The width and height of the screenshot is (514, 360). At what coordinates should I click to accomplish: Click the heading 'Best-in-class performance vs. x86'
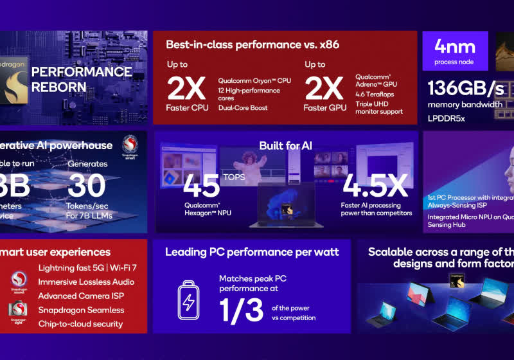pyautogui.click(x=253, y=44)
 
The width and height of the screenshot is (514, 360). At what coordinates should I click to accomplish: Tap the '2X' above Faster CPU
pyautogui.click(x=187, y=88)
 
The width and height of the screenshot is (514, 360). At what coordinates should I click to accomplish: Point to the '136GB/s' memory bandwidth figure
pyautogui.click(x=465, y=89)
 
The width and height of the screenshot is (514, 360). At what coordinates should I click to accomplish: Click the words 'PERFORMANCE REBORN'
pyautogui.click(x=81, y=79)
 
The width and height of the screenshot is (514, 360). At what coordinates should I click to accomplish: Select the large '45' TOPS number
pyautogui.click(x=202, y=186)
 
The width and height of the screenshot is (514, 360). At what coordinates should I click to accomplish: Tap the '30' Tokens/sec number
pyautogui.click(x=87, y=186)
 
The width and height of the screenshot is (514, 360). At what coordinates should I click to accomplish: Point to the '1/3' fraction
pyautogui.click(x=242, y=309)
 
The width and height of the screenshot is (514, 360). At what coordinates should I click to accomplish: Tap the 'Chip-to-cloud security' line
pyautogui.click(x=80, y=323)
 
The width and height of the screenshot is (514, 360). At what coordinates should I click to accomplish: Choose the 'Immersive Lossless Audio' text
pyautogui.click(x=86, y=282)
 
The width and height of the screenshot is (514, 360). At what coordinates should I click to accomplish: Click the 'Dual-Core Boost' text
pyautogui.click(x=243, y=107)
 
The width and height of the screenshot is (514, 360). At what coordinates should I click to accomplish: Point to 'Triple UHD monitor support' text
pyautogui.click(x=378, y=107)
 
